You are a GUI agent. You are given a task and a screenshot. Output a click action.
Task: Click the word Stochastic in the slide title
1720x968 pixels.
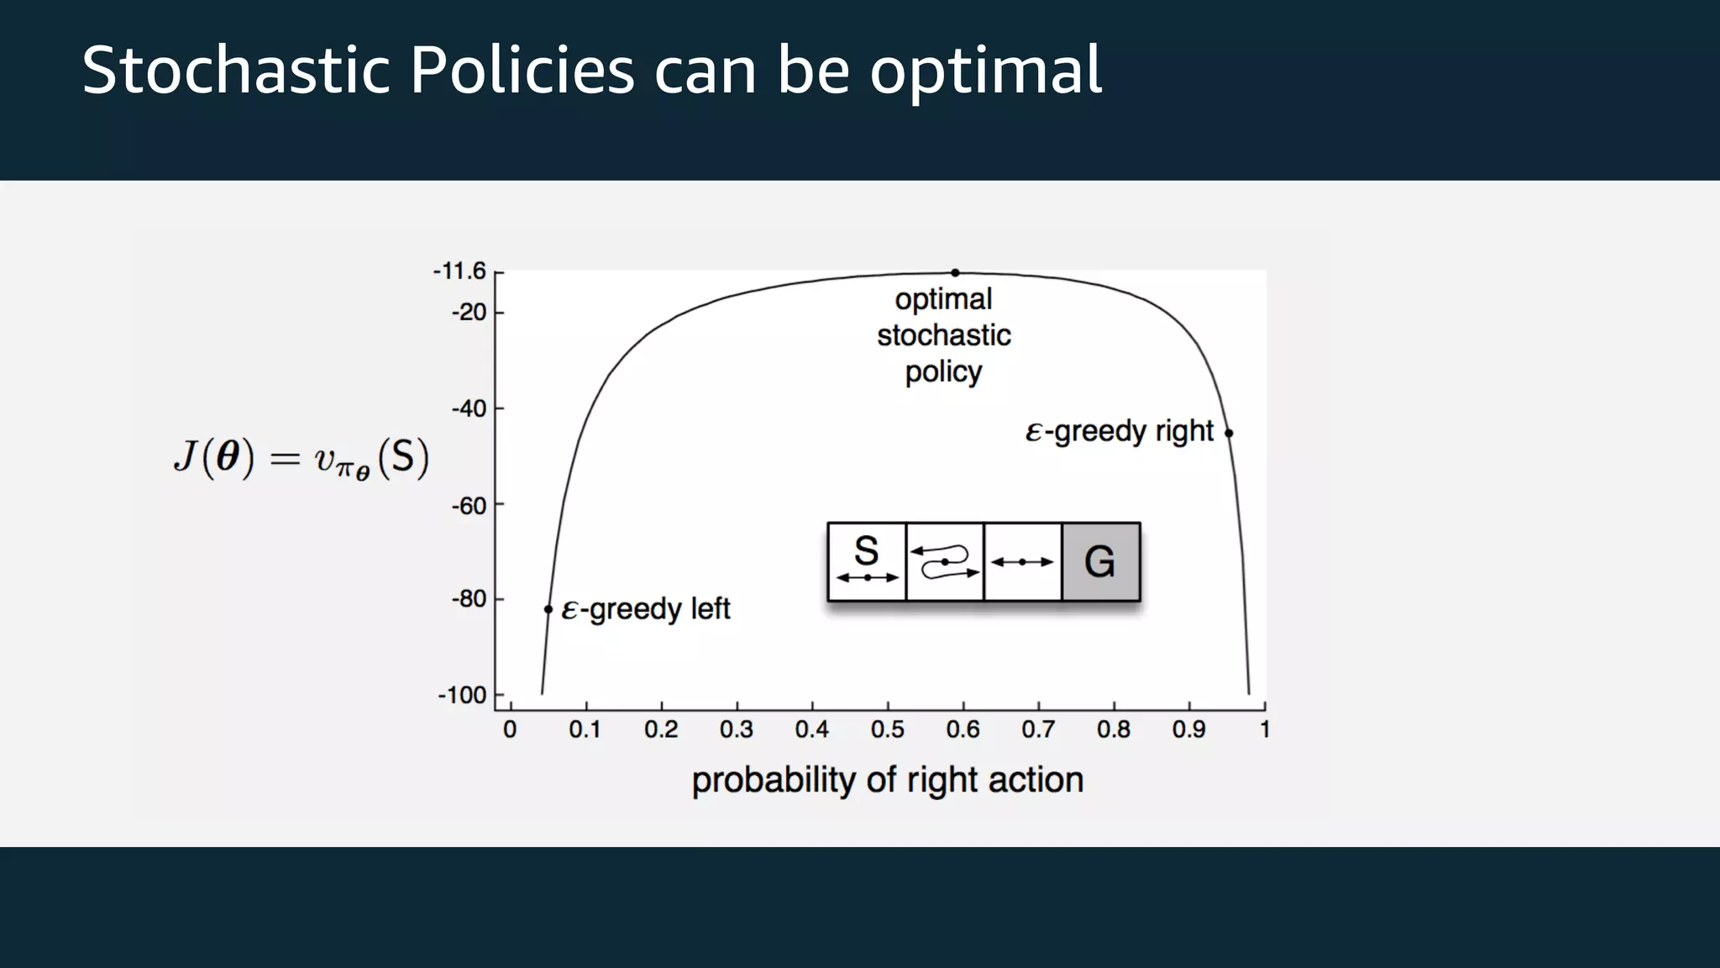[x=236, y=71]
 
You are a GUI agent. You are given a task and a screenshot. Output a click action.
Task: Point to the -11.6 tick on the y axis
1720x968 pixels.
[x=459, y=271]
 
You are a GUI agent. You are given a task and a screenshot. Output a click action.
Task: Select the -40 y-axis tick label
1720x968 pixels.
[x=469, y=409]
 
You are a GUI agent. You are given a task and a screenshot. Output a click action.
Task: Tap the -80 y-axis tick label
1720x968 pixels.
[x=469, y=599]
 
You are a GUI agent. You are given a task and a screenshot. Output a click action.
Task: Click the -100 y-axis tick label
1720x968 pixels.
[x=463, y=696]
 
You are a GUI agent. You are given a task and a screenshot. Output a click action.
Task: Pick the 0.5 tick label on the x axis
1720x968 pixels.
[x=888, y=729]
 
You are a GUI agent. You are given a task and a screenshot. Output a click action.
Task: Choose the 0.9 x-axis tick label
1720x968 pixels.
[x=1189, y=729]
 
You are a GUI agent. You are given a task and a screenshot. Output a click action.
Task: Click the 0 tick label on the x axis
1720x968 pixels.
[x=510, y=729]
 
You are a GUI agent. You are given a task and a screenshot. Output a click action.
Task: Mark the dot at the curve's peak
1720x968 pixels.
[x=955, y=272]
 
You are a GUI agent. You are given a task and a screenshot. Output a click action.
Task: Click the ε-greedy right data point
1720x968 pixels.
[x=1229, y=434]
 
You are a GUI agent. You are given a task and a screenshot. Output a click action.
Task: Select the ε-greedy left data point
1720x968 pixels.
[x=548, y=609]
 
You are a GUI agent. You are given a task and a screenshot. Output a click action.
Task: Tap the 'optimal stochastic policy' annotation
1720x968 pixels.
[x=944, y=335]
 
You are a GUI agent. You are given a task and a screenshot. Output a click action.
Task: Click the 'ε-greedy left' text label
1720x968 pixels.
[x=645, y=609]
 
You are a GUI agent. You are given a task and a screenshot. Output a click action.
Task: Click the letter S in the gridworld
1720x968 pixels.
[x=866, y=552]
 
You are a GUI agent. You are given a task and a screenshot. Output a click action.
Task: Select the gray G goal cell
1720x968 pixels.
[x=1100, y=562]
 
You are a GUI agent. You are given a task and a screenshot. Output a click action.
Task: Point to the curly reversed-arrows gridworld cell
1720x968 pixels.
[x=945, y=562]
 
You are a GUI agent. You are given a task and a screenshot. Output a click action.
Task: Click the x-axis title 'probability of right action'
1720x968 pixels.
[x=888, y=780]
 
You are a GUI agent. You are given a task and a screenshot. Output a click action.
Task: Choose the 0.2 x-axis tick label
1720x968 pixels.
[x=661, y=729]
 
